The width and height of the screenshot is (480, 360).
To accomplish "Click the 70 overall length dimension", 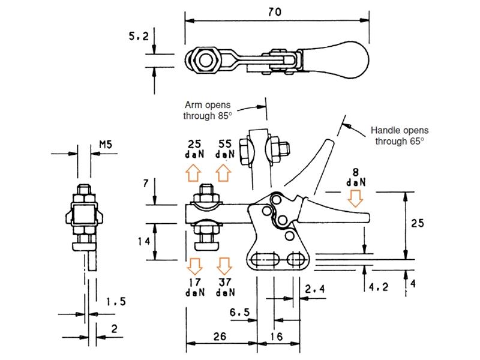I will click(275, 11).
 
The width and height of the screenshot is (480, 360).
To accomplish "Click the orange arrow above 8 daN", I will click(355, 197).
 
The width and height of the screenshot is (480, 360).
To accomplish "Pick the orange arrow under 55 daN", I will click(224, 173).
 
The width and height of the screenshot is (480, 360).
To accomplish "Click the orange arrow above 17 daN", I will click(194, 265).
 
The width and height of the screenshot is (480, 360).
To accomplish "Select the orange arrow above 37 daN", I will click(224, 265).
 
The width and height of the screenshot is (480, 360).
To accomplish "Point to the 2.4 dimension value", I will click(315, 289).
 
